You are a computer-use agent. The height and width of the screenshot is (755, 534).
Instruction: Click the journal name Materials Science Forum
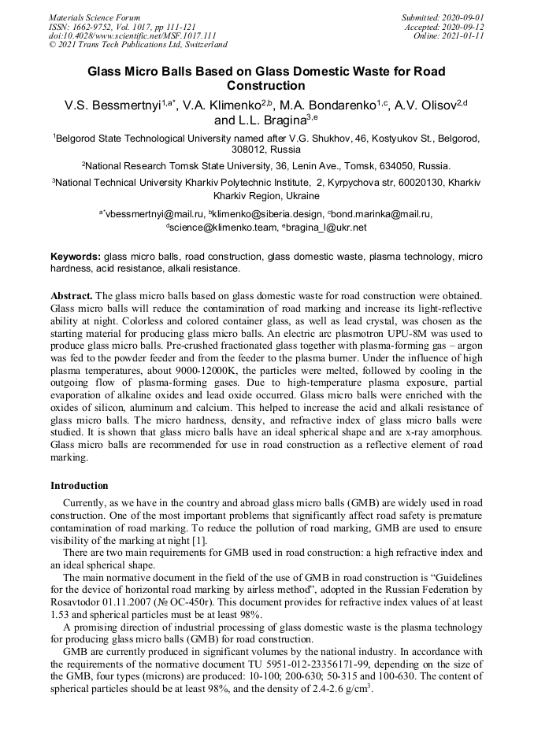95,17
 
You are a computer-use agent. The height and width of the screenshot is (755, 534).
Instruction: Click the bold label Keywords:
76,257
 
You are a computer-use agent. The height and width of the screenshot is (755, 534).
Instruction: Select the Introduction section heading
80,486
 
